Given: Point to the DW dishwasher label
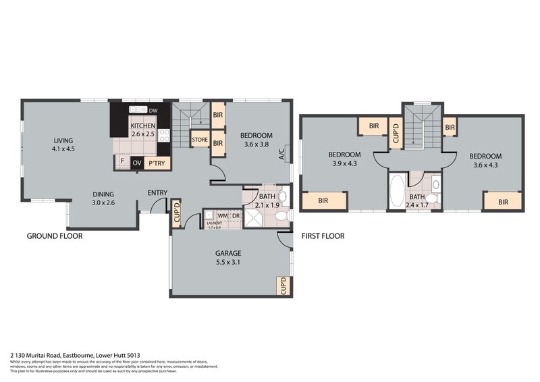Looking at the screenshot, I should (x=153, y=110).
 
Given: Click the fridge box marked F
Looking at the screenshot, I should (x=122, y=163).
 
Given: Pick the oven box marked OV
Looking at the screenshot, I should (x=136, y=163).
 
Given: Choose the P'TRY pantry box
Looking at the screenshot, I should (x=157, y=163).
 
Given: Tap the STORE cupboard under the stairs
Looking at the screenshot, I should (x=200, y=140).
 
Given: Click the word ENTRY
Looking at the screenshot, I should (x=157, y=194).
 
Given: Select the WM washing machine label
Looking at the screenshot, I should (x=222, y=215).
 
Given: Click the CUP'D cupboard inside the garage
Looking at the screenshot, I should (x=283, y=286).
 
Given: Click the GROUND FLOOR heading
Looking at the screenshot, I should (x=54, y=236).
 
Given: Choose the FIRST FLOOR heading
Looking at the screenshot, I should (x=322, y=236).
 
